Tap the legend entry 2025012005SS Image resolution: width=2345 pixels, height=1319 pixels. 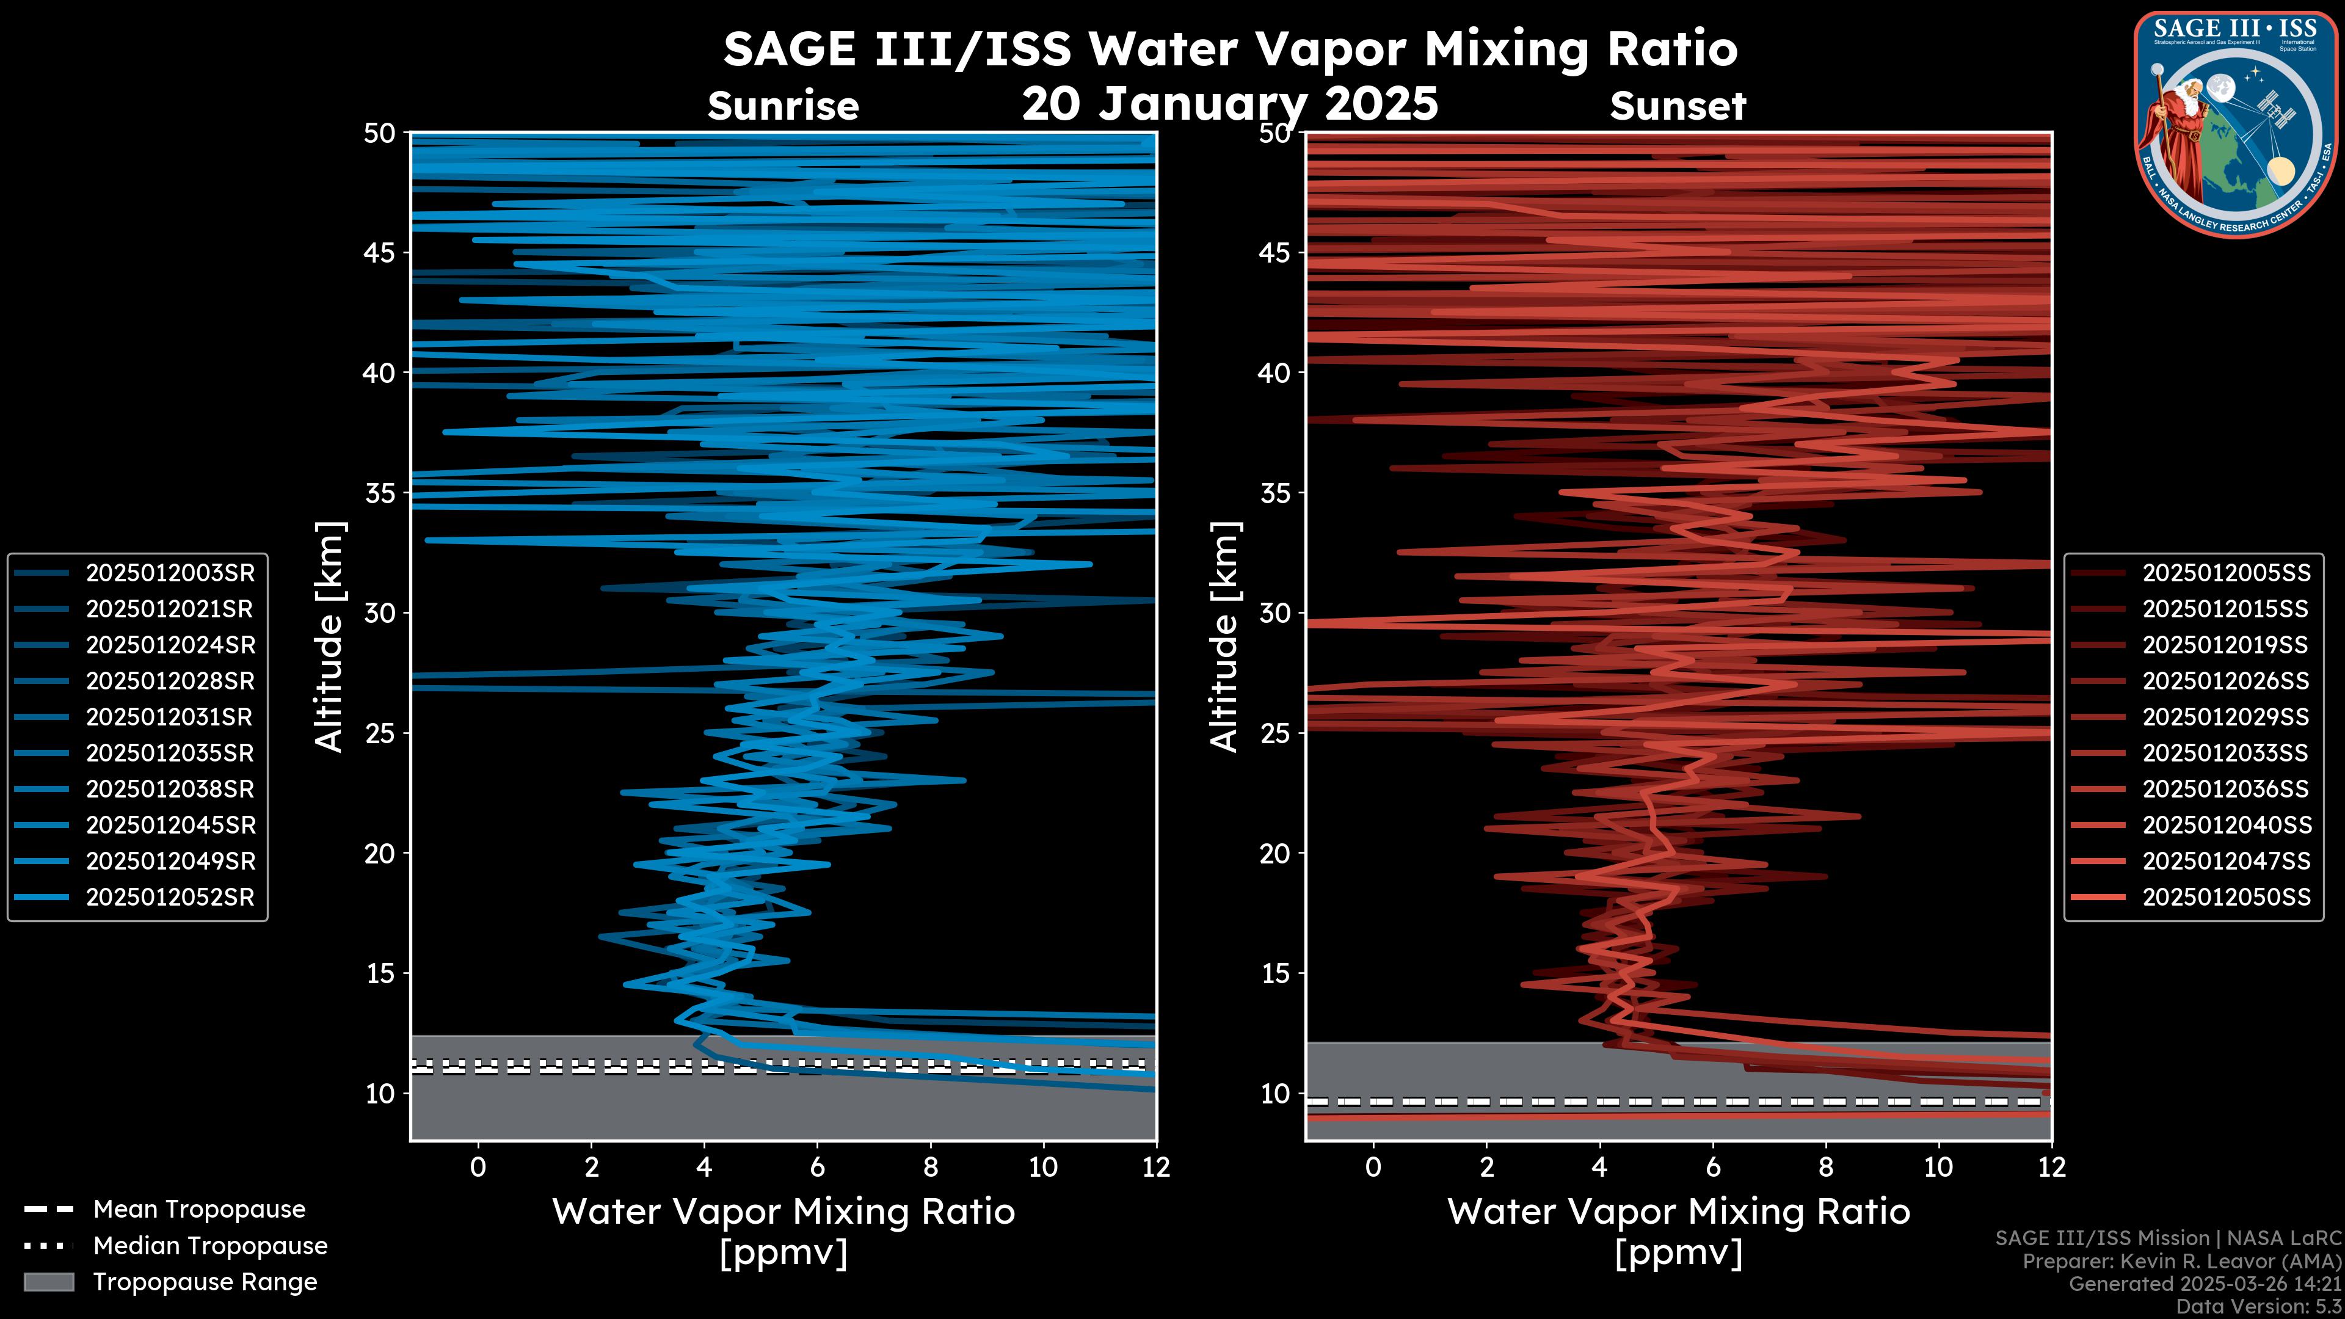tap(2226, 573)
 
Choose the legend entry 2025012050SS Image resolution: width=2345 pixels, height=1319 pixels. tap(2226, 896)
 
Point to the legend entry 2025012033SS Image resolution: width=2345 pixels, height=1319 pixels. tap(2226, 753)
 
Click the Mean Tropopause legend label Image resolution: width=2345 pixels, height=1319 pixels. tap(198, 1209)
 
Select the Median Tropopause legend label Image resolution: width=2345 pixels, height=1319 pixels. tap(209, 1245)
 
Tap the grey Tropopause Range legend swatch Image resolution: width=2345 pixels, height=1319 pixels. tap(48, 1282)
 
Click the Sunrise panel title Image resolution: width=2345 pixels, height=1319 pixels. tap(783, 106)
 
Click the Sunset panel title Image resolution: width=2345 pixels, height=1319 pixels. tap(1678, 106)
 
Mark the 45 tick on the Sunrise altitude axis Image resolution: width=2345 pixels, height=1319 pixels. tap(380, 252)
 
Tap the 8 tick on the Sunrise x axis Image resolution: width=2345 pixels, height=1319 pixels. tap(930, 1167)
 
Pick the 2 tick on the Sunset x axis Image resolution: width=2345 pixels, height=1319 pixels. tap(1486, 1167)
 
